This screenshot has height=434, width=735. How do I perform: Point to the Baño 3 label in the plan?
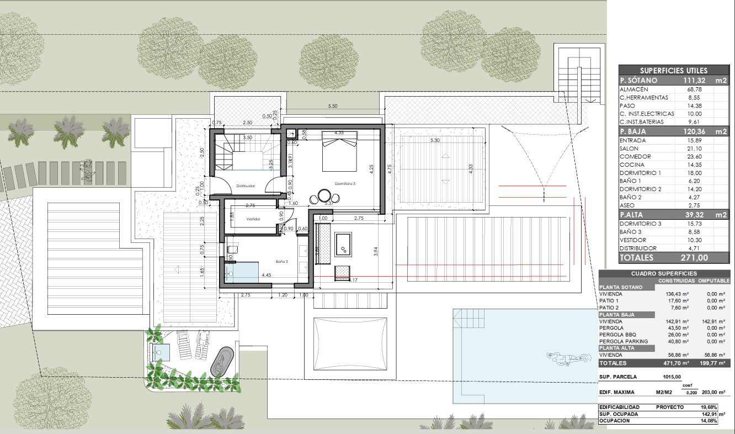282,261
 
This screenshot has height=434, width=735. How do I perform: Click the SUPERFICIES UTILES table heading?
673,70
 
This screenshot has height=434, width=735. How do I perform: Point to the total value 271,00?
694,257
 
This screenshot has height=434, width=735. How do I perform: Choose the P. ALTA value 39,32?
691,215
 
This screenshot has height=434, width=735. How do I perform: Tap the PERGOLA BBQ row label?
620,335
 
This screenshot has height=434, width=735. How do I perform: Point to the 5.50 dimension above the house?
333,105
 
